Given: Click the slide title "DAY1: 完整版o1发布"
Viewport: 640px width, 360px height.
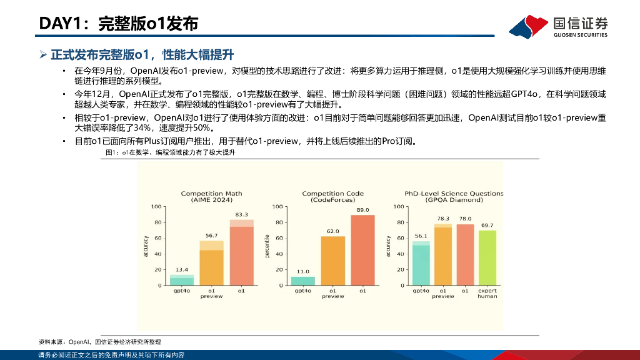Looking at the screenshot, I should (119, 24).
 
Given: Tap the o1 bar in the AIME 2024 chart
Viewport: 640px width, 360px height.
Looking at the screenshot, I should (241, 253).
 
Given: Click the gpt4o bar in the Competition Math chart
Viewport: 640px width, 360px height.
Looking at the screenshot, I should (182, 280).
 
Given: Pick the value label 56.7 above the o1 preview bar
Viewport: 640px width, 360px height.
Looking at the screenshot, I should (211, 236).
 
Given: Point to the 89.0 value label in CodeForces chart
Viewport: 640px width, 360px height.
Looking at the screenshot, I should (362, 210).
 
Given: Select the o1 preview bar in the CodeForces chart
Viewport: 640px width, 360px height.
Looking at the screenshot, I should (332, 261).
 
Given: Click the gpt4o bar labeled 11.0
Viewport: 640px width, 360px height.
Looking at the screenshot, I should (302, 281).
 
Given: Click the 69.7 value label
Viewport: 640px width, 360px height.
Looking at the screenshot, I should (487, 225).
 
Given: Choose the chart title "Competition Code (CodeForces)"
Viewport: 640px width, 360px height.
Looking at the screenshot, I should (332, 196).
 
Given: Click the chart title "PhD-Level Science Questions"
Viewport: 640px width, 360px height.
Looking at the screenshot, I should (454, 193).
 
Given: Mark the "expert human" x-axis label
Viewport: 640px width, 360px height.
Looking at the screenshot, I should (487, 293).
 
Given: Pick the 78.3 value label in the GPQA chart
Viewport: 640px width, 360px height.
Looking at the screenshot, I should (443, 218).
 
